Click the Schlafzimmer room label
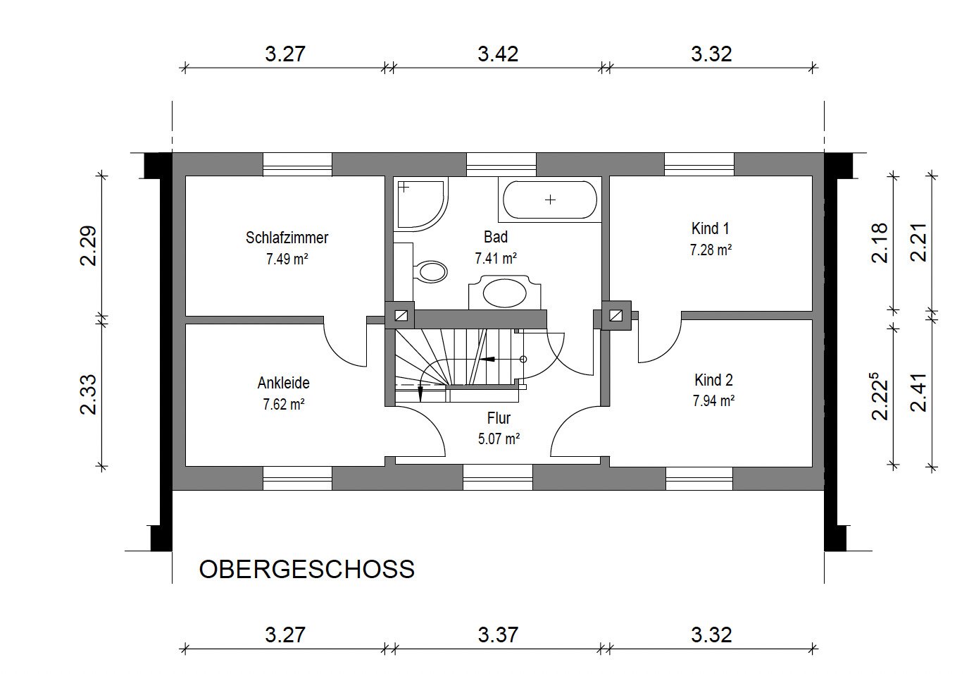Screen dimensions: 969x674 pyautogui.click(x=287, y=238)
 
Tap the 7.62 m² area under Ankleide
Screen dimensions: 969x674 pyautogui.click(x=284, y=404)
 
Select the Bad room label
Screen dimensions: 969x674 pyautogui.click(x=496, y=237)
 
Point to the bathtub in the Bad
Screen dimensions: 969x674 pyautogui.click(x=550, y=200)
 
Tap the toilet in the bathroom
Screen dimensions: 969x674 pyautogui.click(x=430, y=272)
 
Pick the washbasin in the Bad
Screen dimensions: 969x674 pyautogui.click(x=505, y=293)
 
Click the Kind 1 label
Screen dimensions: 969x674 pyautogui.click(x=711, y=228)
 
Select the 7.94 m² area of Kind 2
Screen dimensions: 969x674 pyautogui.click(x=714, y=400)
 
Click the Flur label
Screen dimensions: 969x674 pyautogui.click(x=499, y=418)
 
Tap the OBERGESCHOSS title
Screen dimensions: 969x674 pyautogui.click(x=307, y=569)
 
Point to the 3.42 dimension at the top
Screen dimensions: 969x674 pyautogui.click(x=498, y=54)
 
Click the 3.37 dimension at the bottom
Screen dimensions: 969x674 pyautogui.click(x=498, y=635)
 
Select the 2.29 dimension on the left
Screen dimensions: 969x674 pyautogui.click(x=89, y=245)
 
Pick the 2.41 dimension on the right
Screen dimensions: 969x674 pyautogui.click(x=918, y=393)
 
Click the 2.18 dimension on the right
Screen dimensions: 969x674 pyautogui.click(x=880, y=243)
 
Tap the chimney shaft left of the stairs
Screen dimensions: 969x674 pyautogui.click(x=401, y=315)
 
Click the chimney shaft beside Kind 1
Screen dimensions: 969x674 pyautogui.click(x=616, y=315)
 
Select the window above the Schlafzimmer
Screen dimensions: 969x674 pyautogui.click(x=298, y=164)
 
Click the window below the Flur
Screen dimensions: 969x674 pyautogui.click(x=498, y=477)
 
